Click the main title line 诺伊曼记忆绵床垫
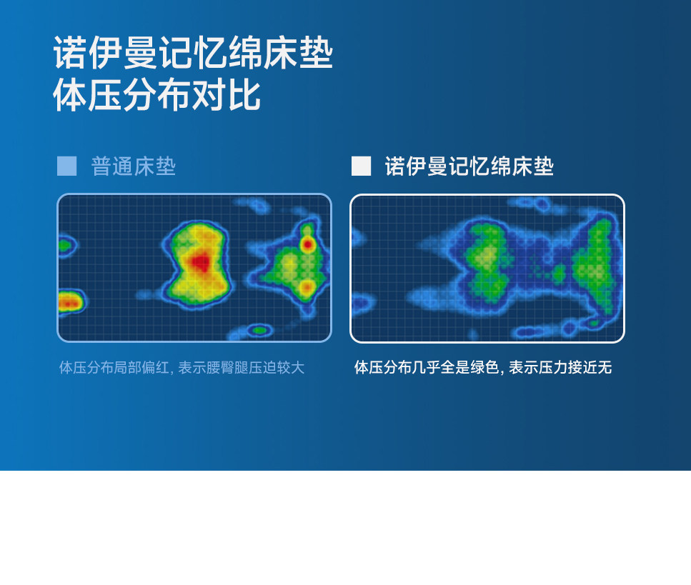tap(193, 53)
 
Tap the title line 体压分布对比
tap(157, 95)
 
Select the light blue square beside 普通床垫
tap(67, 166)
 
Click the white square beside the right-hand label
tap(361, 166)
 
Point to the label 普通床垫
tap(133, 166)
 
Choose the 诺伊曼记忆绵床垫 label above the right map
tap(469, 166)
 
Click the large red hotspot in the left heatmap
tap(201, 263)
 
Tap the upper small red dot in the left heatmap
tap(307, 244)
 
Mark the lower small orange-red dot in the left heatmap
tap(307, 289)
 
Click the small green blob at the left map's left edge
tap(64, 244)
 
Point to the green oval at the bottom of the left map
tap(259, 330)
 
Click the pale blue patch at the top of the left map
tap(252, 204)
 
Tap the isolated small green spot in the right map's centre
tap(558, 274)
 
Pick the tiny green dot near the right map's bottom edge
tap(594, 324)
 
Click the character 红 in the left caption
tap(161, 367)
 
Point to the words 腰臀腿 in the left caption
tap(227, 367)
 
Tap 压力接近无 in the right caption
tap(575, 367)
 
